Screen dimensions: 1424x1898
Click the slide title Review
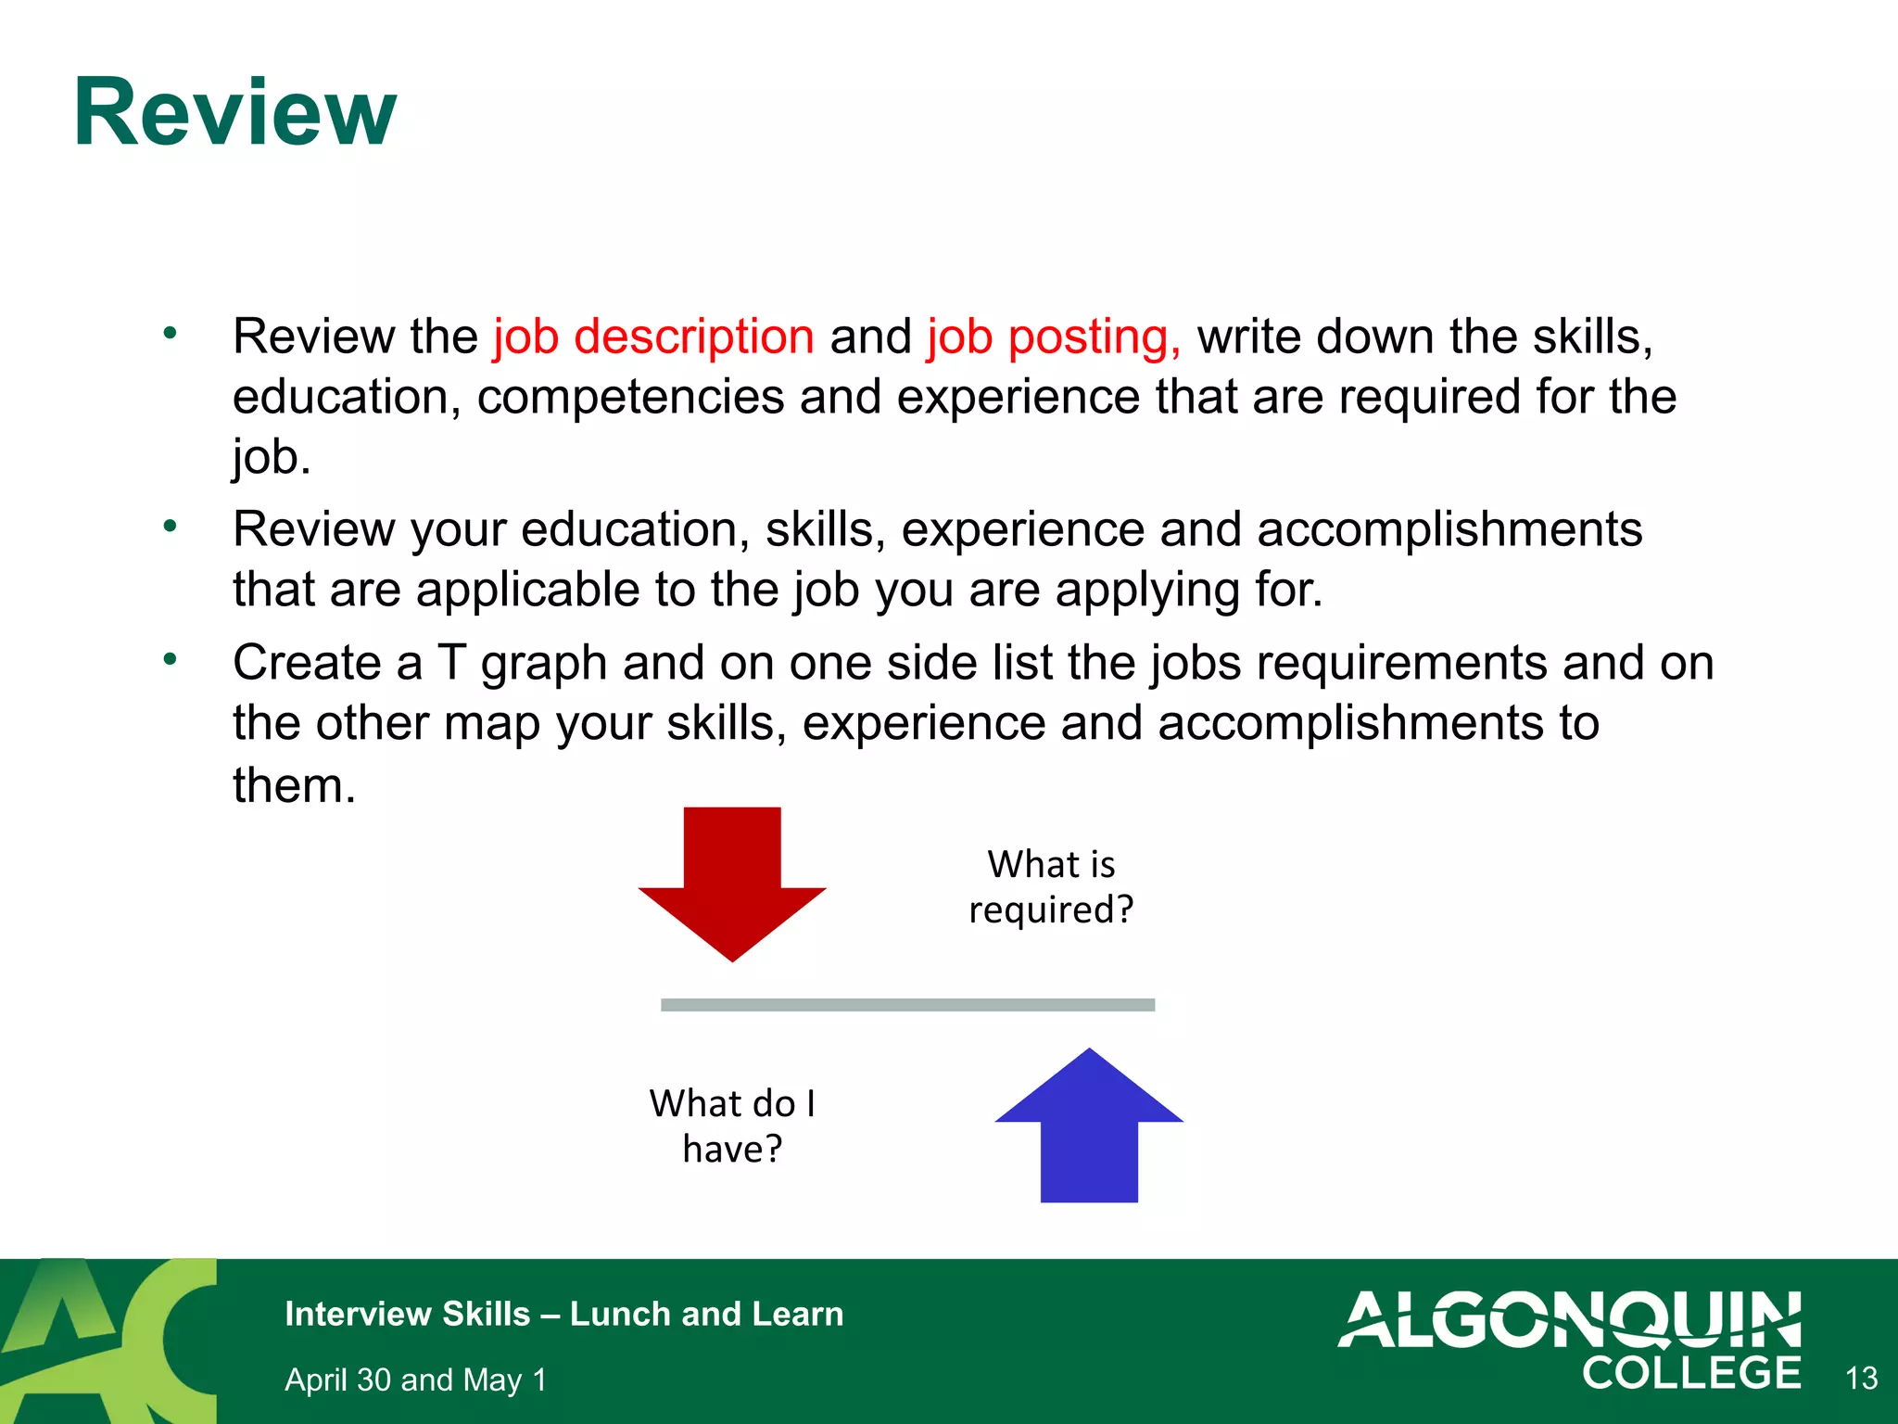pyautogui.click(x=234, y=113)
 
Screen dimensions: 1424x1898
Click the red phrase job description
pyautogui.click(x=653, y=336)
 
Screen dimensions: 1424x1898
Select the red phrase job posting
pyautogui.click(x=1054, y=337)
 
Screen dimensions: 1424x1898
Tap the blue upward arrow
pyautogui.click(x=1089, y=1131)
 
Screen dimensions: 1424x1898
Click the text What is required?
pyautogui.click(x=1051, y=886)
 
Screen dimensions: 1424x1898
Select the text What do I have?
pyautogui.click(x=732, y=1125)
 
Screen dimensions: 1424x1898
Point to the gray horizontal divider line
pyautogui.click(x=907, y=1005)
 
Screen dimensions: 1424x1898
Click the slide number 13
pyautogui.click(x=1861, y=1378)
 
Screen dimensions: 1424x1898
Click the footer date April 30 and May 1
pyautogui.click(x=415, y=1379)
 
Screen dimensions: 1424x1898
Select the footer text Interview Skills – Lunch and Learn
pyautogui.click(x=563, y=1314)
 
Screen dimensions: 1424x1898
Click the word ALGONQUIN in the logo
pyautogui.click(x=1570, y=1319)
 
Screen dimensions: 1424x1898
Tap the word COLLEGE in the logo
pyautogui.click(x=1691, y=1373)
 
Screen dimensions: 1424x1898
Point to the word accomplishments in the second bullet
pyautogui.click(x=1449, y=529)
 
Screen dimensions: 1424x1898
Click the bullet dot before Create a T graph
pyautogui.click(x=170, y=660)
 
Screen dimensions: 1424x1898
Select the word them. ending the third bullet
pyautogui.click(x=294, y=785)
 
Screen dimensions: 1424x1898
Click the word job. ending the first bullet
pyautogui.click(x=271, y=457)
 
